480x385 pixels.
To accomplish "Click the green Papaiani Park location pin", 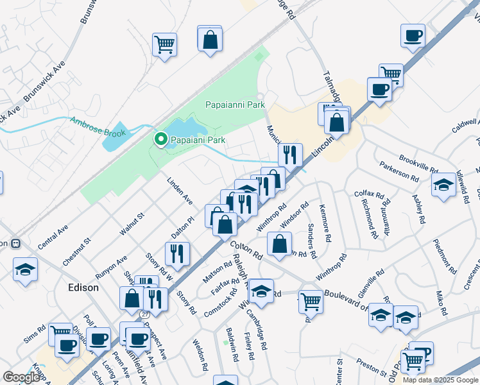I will point(159,139).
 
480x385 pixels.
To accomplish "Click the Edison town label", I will point(84,287).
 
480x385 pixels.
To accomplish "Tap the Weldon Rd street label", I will point(201,355).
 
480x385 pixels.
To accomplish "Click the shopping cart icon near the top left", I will point(165,45).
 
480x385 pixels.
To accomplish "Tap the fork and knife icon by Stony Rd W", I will point(177,253).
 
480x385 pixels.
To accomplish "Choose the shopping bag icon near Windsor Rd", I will point(279,244).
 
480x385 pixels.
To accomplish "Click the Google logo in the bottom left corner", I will point(21,377).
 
